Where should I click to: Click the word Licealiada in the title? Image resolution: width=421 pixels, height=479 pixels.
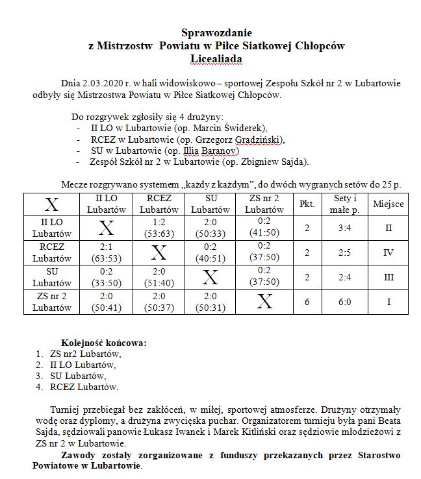(216, 59)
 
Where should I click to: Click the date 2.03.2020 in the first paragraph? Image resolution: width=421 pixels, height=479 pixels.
(103, 84)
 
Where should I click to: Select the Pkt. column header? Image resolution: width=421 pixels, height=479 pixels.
(307, 204)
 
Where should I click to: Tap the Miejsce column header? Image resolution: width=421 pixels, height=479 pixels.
(389, 204)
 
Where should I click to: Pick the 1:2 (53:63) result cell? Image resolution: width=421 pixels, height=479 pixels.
(159, 228)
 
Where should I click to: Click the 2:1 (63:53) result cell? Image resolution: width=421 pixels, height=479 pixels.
(107, 252)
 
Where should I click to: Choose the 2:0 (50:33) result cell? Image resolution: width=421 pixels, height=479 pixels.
(210, 228)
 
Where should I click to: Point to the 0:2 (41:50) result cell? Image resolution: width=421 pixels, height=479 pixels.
(264, 228)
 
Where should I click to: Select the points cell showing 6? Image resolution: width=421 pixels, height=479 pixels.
(307, 302)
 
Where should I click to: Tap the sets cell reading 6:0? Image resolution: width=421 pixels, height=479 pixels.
(346, 302)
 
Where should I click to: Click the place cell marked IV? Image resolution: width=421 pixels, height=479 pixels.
(389, 252)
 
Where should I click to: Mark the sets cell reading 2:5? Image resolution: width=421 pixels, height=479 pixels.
(346, 252)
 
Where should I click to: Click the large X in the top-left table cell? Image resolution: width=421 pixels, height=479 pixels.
(51, 204)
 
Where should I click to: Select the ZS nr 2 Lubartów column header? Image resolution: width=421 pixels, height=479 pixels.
(264, 204)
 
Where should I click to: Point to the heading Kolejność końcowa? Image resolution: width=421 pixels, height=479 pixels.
(104, 342)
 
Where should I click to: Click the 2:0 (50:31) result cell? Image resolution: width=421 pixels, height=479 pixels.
(210, 302)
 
